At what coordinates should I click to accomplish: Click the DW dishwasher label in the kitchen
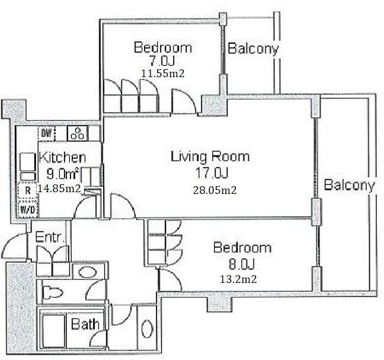47,133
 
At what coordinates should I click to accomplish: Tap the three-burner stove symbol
78,133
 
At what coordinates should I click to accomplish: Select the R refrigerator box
28,190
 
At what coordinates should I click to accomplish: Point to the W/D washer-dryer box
28,209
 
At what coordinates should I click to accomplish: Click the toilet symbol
52,292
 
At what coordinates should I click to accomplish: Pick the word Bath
85,324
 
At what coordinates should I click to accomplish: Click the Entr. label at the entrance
50,237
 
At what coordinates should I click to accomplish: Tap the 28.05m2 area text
215,190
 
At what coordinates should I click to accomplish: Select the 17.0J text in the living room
212,173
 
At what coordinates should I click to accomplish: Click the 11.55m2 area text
162,74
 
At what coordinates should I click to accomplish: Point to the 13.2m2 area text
238,279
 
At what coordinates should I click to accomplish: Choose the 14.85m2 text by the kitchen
59,189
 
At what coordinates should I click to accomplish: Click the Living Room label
210,157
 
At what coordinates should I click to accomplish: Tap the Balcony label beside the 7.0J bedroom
254,49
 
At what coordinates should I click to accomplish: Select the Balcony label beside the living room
350,185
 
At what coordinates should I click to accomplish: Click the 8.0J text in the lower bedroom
242,264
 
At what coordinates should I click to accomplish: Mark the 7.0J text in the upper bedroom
162,60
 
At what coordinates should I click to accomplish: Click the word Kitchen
63,158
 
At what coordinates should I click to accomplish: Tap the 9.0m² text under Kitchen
63,174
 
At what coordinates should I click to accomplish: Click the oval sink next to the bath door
147,329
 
